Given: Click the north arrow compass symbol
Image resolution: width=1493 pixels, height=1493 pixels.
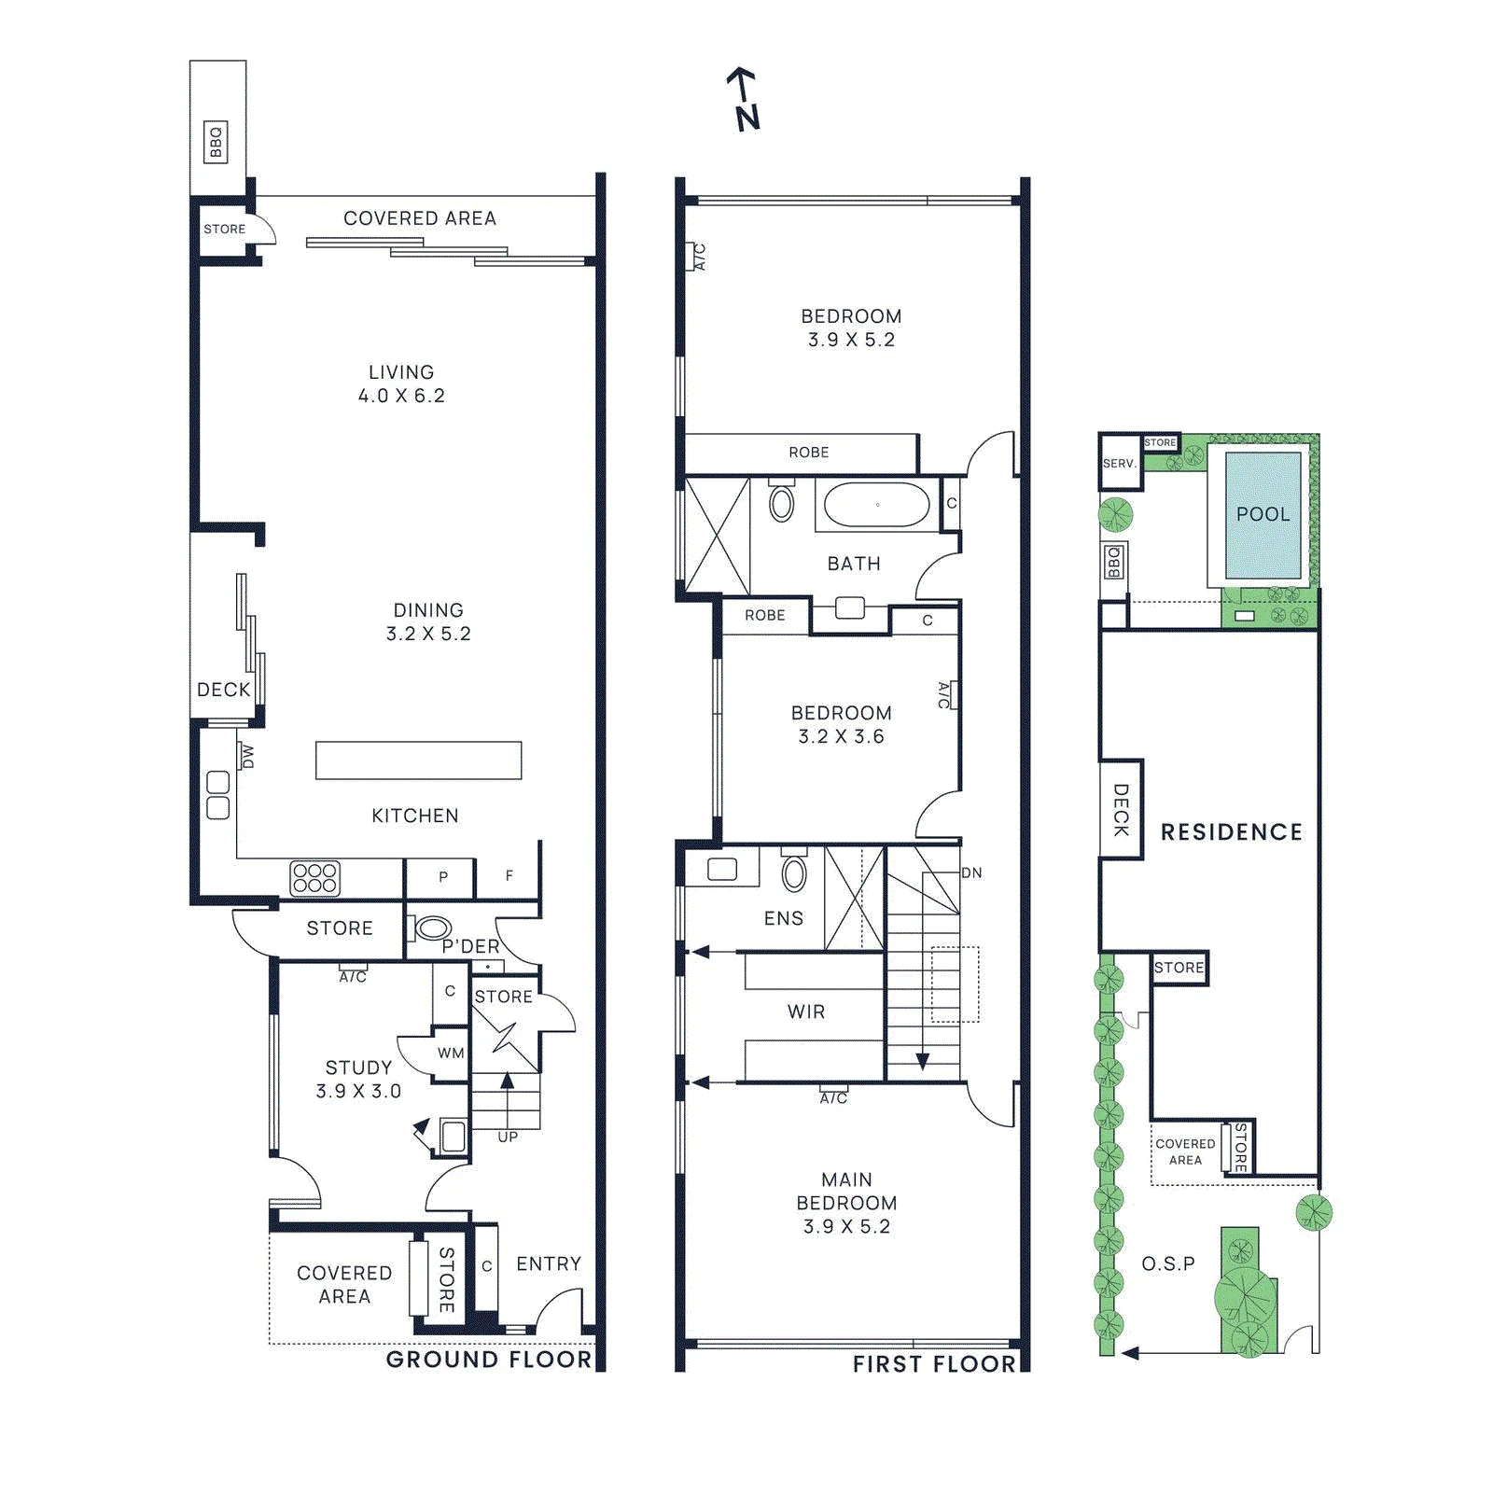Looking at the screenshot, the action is click(744, 98).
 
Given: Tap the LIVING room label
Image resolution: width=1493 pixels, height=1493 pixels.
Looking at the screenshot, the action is click(401, 372).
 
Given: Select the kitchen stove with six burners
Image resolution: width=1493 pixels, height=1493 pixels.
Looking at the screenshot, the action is click(315, 878).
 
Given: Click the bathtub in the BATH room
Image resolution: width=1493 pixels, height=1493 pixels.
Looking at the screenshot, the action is click(877, 505).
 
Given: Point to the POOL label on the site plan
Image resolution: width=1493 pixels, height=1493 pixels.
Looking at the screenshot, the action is click(1263, 514).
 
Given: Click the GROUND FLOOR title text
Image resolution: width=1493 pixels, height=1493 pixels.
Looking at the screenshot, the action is click(489, 1360).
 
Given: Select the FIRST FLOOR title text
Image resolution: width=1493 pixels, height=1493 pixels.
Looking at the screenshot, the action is click(934, 1364).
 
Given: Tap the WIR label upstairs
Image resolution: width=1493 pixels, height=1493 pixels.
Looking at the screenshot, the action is click(806, 1012).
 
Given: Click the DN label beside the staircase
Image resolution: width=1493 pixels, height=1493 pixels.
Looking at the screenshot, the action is click(971, 873).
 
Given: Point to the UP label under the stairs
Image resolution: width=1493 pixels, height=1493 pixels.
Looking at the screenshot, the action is click(508, 1137).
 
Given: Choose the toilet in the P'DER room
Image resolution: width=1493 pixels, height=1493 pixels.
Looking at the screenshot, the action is click(430, 928).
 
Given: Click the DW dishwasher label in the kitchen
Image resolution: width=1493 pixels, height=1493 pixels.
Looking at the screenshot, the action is click(246, 756).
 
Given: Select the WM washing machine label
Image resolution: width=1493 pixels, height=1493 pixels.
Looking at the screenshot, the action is click(451, 1053).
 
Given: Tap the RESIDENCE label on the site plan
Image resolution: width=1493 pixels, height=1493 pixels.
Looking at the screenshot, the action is click(1232, 831).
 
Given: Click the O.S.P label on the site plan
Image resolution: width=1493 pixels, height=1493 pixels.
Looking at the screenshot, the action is click(1168, 1263).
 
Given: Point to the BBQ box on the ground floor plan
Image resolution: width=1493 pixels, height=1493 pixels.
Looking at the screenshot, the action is click(216, 143).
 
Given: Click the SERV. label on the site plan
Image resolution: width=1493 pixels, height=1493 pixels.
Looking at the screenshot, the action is click(1120, 463).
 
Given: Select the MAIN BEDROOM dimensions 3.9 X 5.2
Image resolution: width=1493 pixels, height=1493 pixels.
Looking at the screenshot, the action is click(846, 1226).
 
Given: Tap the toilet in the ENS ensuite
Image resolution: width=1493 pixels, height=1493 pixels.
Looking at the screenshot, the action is click(794, 871).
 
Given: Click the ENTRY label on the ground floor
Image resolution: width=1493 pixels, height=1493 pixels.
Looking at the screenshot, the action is click(549, 1263).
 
